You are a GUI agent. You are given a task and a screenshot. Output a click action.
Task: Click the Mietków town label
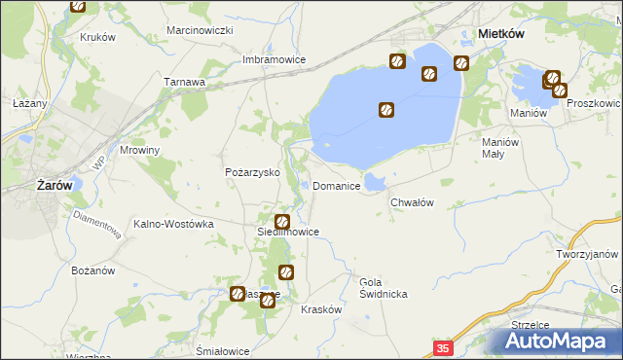502,33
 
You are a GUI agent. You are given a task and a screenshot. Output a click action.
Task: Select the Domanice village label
338,185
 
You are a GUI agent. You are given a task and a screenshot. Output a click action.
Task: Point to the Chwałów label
411,201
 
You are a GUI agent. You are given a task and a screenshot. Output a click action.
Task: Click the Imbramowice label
275,59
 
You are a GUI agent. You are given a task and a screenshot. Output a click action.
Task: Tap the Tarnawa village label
184,82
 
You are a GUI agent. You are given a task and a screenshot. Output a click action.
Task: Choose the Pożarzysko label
252,172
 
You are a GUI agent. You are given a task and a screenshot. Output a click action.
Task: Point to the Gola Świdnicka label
383,287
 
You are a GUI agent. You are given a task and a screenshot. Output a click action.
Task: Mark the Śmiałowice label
223,350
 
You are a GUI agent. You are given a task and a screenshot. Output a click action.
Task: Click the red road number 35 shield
444,347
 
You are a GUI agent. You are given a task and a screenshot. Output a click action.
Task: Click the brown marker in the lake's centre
386,111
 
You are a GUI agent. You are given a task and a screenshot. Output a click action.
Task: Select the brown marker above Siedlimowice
282,222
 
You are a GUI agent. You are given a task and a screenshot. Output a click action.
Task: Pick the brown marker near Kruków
79,7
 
